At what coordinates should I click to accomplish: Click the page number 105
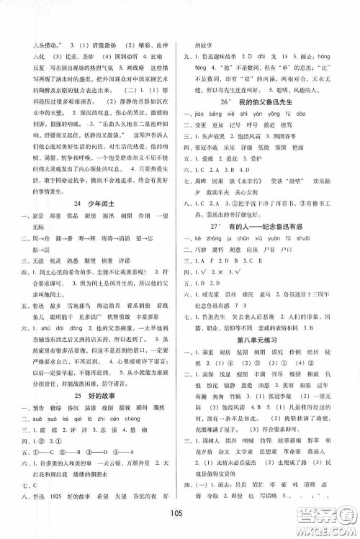(x=180, y=522)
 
